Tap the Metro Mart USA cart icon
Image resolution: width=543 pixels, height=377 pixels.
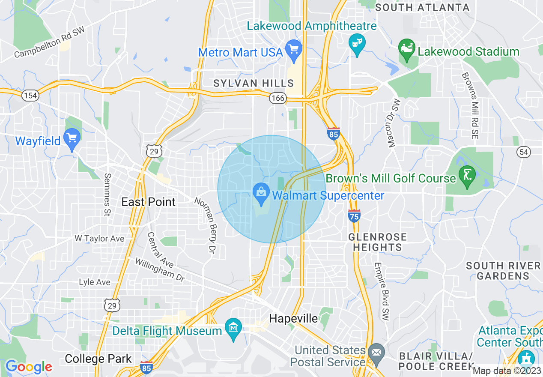tap(294, 48)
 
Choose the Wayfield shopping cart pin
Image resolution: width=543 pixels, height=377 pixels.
tap(72, 138)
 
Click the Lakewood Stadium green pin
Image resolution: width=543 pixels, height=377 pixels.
tap(406, 48)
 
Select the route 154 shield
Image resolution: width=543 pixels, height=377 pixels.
tap(30, 95)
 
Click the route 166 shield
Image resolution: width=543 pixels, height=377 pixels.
tap(277, 99)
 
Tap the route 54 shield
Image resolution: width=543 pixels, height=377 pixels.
tap(524, 152)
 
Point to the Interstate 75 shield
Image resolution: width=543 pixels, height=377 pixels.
tap(354, 216)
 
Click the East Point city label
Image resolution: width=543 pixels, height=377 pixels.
tap(149, 202)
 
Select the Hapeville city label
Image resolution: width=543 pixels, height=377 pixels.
tap(294, 318)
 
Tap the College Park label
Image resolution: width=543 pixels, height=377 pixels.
tap(98, 359)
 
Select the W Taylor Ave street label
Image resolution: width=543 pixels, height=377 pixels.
tap(99, 239)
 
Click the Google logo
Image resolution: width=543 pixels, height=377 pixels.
tap(29, 367)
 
